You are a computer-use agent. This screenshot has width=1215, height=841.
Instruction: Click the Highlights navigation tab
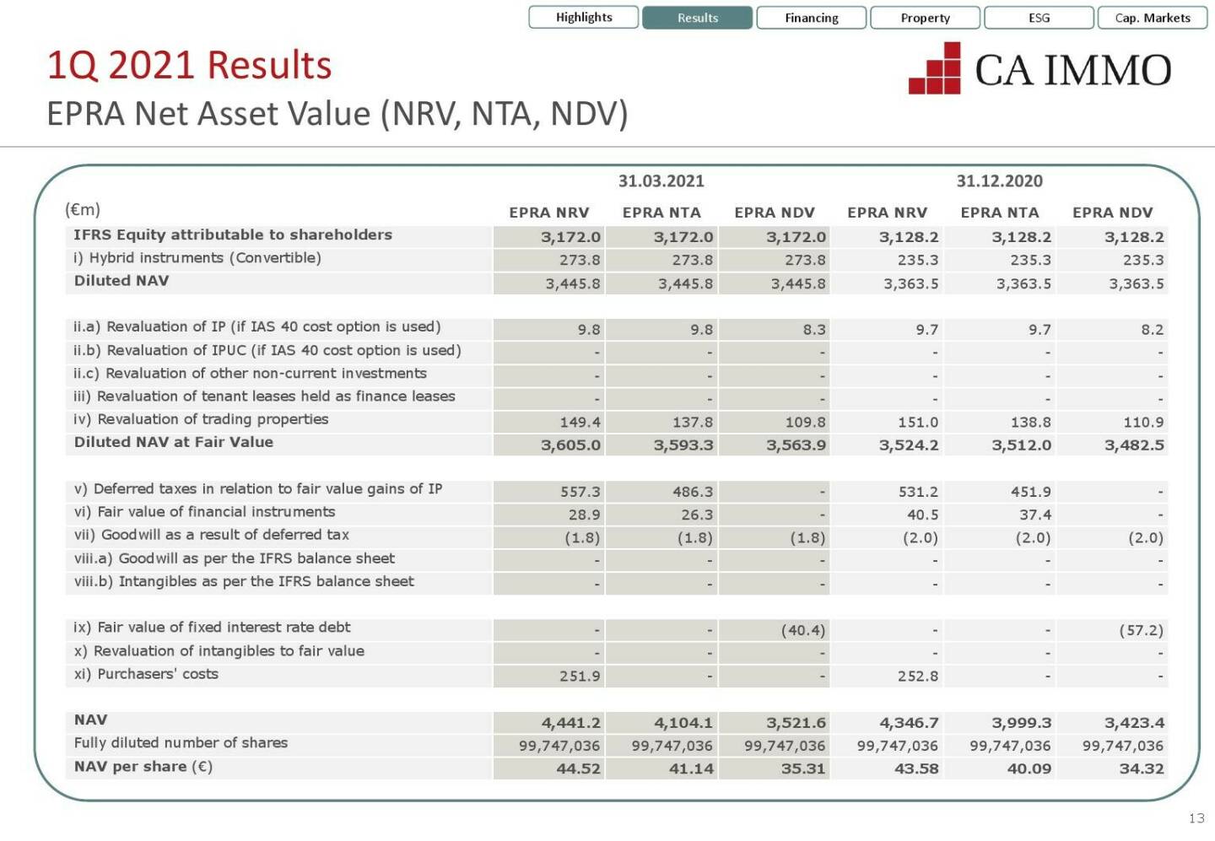pos(583,18)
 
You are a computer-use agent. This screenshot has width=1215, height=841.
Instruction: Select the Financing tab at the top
pos(811,18)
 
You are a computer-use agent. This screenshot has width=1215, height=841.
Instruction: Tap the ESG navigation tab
pos(1039,18)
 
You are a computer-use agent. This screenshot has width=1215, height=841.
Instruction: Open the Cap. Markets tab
pos(1152,18)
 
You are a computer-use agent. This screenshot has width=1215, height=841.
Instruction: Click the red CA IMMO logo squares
pos(936,69)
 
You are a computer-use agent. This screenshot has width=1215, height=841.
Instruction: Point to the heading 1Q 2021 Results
pos(189,66)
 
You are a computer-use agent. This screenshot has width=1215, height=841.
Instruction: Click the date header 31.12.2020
pos(999,181)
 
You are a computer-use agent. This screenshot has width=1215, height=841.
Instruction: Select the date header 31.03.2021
pos(661,181)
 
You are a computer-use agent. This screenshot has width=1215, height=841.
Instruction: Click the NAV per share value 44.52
pos(578,768)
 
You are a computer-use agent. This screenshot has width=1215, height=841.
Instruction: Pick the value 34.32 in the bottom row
pos(1141,768)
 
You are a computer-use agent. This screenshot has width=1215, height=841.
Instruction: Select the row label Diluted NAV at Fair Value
pos(173,442)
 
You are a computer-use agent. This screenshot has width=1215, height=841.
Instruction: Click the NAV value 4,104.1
pos(683,723)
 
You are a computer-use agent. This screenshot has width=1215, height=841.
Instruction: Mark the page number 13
pos(1196,818)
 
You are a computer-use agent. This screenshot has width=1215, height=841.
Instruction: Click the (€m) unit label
pos(83,209)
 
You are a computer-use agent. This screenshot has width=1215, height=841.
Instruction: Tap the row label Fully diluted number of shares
pos(181,743)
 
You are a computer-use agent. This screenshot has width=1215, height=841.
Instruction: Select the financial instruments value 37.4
pos(1034,515)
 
